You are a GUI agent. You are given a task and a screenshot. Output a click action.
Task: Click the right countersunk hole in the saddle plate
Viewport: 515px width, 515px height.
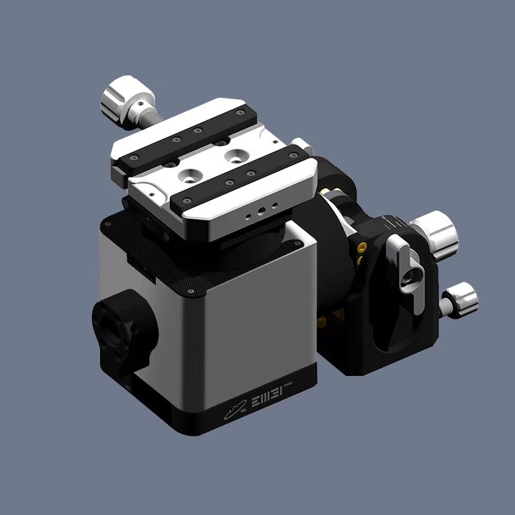pos(237,156)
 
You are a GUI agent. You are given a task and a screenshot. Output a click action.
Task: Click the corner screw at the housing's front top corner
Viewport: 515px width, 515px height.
pos(192,292)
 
